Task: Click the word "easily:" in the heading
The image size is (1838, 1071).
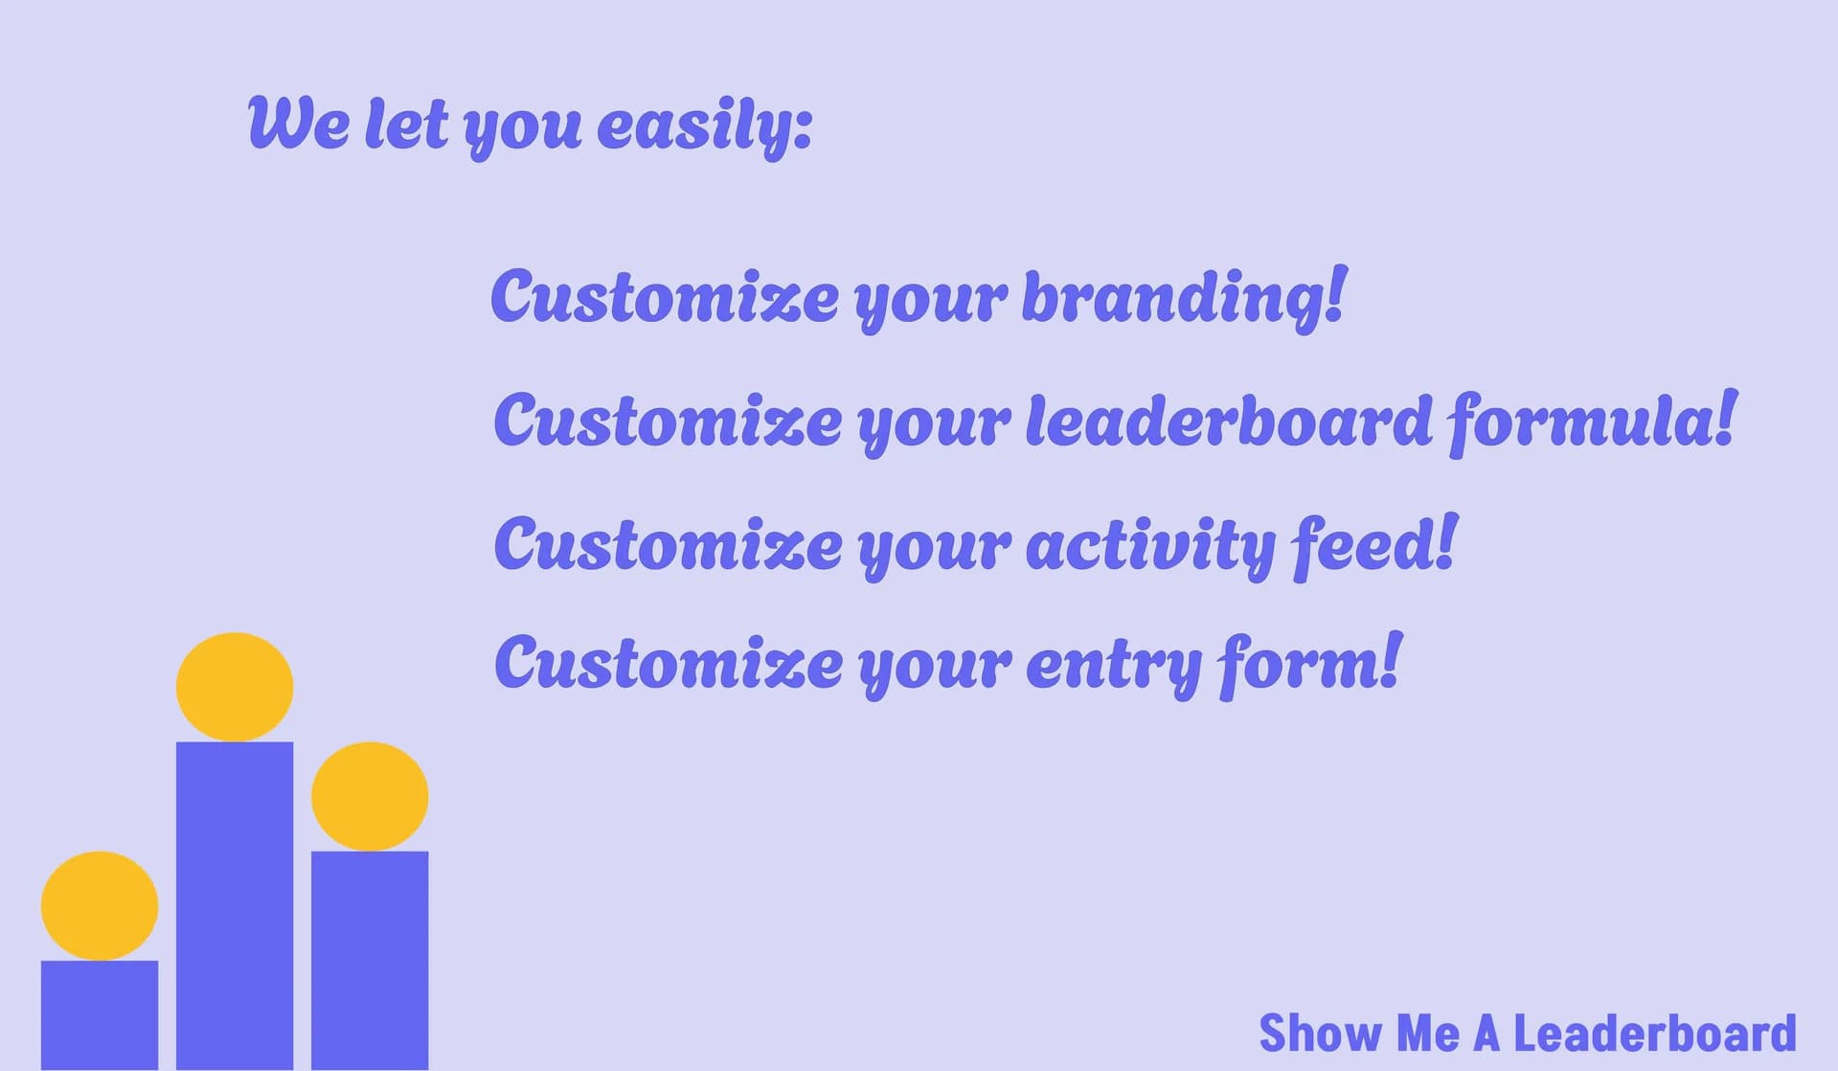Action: pos(705,125)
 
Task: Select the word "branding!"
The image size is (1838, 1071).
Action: pos(1185,298)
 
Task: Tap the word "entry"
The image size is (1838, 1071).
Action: pos(1114,667)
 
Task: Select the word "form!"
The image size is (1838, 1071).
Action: pos(1309,663)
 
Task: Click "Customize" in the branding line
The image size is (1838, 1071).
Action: pos(665,296)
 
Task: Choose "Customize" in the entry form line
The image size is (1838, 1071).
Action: pos(668,662)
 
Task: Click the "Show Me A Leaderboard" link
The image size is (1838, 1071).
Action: pos(1528,1033)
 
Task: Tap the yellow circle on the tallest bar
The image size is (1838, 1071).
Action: pos(235,687)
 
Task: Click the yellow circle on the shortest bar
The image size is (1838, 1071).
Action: pos(100,905)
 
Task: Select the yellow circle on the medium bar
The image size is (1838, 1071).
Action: pos(370,796)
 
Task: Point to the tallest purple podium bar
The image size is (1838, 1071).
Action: pos(235,906)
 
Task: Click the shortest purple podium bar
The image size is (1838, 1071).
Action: pos(100,1015)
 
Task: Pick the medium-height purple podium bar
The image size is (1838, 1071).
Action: pos(370,961)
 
